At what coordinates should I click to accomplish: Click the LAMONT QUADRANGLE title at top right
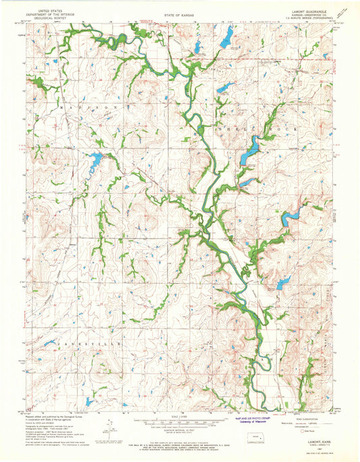point(311,11)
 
